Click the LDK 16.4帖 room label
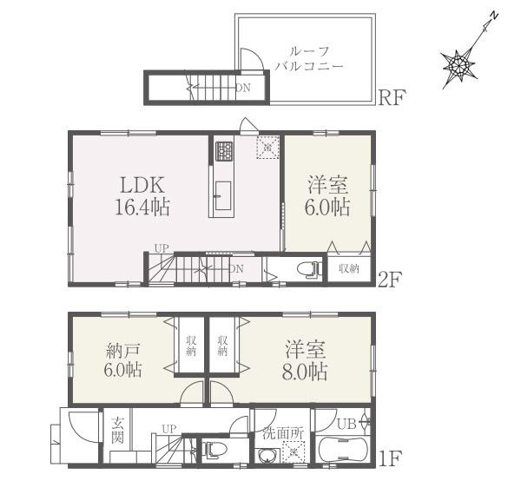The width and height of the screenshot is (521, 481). tap(142, 196)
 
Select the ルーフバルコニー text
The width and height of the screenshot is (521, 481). tap(308, 59)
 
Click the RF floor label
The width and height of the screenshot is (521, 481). tap(392, 98)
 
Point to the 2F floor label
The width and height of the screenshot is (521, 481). tap(391, 279)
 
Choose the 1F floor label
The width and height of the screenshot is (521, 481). tap(391, 458)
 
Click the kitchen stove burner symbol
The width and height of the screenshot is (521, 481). tap(225, 151)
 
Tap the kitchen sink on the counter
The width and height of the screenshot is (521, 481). tap(223, 195)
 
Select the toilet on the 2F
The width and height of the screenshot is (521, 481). tap(309, 268)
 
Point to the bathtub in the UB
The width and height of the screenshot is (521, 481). tap(342, 449)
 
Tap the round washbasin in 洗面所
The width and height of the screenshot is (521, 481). tap(267, 456)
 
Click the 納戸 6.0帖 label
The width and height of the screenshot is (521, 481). tap(123, 360)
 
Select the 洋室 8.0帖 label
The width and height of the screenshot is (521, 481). tap(305, 360)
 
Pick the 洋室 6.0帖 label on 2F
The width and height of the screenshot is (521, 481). tap(327, 196)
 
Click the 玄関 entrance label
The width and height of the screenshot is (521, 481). tap(117, 431)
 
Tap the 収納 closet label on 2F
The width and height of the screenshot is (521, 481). tap(349, 268)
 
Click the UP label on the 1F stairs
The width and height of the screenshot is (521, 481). tap(169, 429)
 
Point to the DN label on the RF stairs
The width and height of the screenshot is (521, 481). tap(243, 88)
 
